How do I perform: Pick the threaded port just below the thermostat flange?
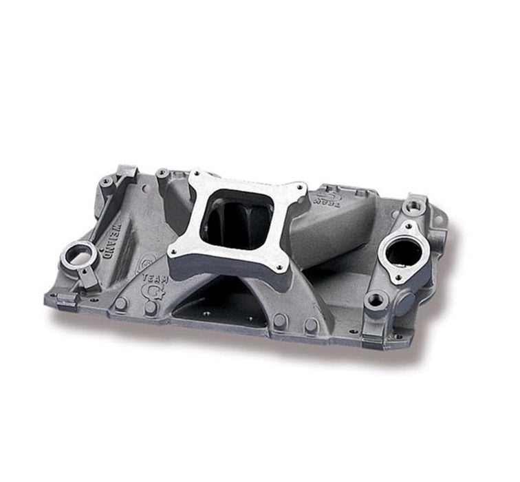(377, 299)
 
